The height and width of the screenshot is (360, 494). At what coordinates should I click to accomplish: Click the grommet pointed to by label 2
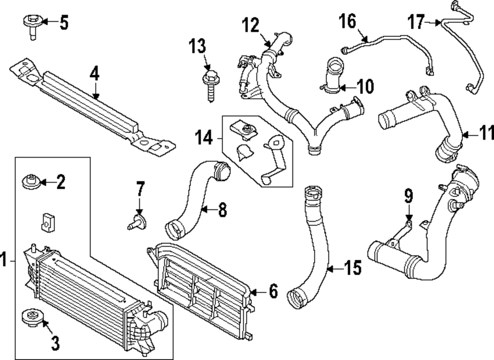tap(31, 182)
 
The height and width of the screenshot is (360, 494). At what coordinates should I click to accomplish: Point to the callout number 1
tap(4, 259)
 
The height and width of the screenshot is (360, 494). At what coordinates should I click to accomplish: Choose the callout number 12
tap(250, 25)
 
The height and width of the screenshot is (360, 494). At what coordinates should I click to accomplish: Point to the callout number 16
tap(347, 21)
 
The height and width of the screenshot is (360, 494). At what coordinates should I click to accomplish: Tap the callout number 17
tap(416, 22)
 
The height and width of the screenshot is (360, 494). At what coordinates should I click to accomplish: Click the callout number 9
tap(408, 196)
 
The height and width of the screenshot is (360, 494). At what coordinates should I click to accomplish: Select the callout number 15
tap(352, 269)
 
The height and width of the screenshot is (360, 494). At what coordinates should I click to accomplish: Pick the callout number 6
tap(273, 292)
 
